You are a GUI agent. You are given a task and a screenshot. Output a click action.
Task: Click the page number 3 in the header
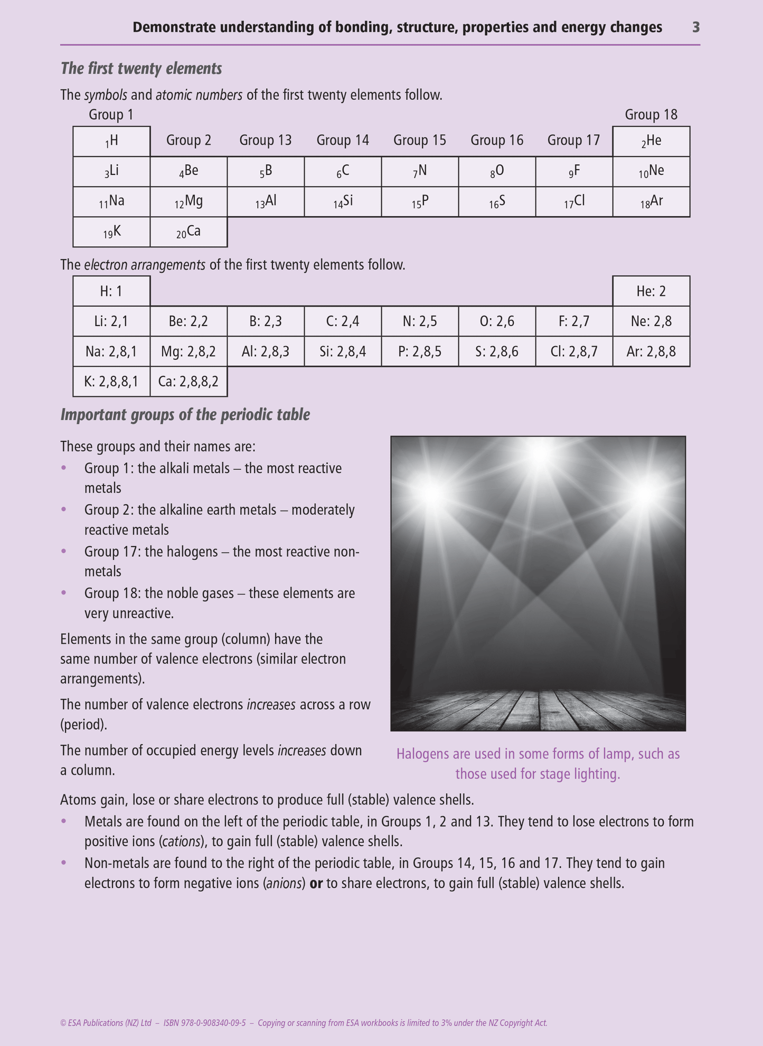pos(695,27)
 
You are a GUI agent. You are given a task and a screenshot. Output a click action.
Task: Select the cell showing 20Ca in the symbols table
pos(189,232)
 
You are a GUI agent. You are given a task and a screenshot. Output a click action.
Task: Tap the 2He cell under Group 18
pos(651,141)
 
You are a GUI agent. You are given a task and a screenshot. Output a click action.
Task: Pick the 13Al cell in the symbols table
pos(266,202)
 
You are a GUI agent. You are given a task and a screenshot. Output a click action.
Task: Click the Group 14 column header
pos(343,141)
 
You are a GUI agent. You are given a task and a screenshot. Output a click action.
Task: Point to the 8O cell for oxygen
pos(497,171)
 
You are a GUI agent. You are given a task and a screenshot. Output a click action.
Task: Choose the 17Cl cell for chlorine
pos(574,202)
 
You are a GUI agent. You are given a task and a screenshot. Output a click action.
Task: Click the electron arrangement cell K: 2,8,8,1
pos(111,382)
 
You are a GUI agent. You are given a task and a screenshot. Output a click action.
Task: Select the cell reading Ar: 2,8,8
pos(651,351)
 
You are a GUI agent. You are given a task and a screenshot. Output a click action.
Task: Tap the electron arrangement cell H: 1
pos(111,291)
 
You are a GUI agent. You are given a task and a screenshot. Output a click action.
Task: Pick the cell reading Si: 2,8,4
pos(343,351)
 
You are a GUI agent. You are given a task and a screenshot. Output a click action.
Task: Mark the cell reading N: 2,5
pos(420,321)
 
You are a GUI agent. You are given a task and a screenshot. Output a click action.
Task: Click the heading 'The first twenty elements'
pos(141,69)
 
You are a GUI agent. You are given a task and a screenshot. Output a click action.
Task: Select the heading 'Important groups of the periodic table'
pos(185,415)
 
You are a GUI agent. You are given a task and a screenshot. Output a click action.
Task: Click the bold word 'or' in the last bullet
pos(316,883)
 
